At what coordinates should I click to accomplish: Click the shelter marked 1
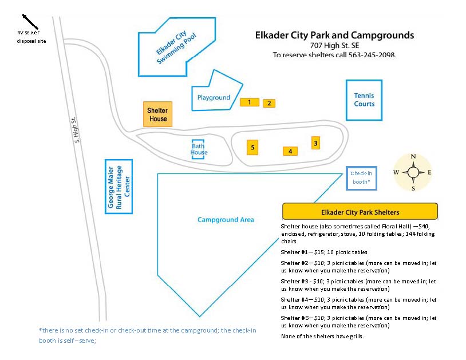[249, 102]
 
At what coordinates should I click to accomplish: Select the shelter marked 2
[269, 103]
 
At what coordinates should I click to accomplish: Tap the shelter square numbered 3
[315, 143]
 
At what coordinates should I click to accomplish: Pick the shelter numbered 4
[290, 151]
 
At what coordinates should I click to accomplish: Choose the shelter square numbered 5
[252, 147]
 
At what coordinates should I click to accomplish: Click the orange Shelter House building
[157, 114]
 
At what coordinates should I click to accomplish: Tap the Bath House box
[199, 149]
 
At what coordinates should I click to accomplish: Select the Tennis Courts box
[364, 100]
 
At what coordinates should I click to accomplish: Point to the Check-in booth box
[361, 177]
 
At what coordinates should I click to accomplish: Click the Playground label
[214, 98]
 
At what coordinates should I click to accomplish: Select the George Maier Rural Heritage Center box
[119, 187]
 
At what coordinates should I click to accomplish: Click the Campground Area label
[226, 220]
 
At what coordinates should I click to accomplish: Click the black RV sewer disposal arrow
[30, 21]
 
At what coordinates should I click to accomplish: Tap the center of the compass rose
[413, 172]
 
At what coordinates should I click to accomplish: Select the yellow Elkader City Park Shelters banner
[360, 211]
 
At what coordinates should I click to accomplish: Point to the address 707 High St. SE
[334, 46]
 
